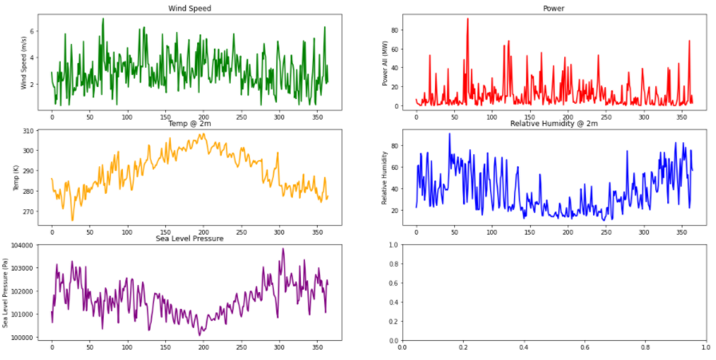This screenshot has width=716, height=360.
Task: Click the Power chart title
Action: point(552,8)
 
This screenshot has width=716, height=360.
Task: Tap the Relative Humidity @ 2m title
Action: point(553,123)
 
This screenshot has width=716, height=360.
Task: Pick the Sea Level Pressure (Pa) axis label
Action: point(6,291)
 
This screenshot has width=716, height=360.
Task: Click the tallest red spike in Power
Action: point(468,19)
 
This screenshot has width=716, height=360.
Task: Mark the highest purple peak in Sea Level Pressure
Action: point(283,249)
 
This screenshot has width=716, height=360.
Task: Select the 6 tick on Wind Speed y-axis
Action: point(33,31)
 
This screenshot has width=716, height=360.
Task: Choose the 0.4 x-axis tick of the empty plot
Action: point(524,347)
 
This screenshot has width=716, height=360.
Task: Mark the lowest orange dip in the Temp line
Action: point(73,220)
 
